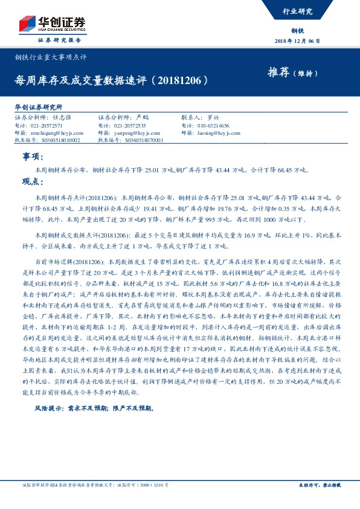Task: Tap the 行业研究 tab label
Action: click(298, 11)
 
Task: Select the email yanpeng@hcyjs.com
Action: click(135, 132)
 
